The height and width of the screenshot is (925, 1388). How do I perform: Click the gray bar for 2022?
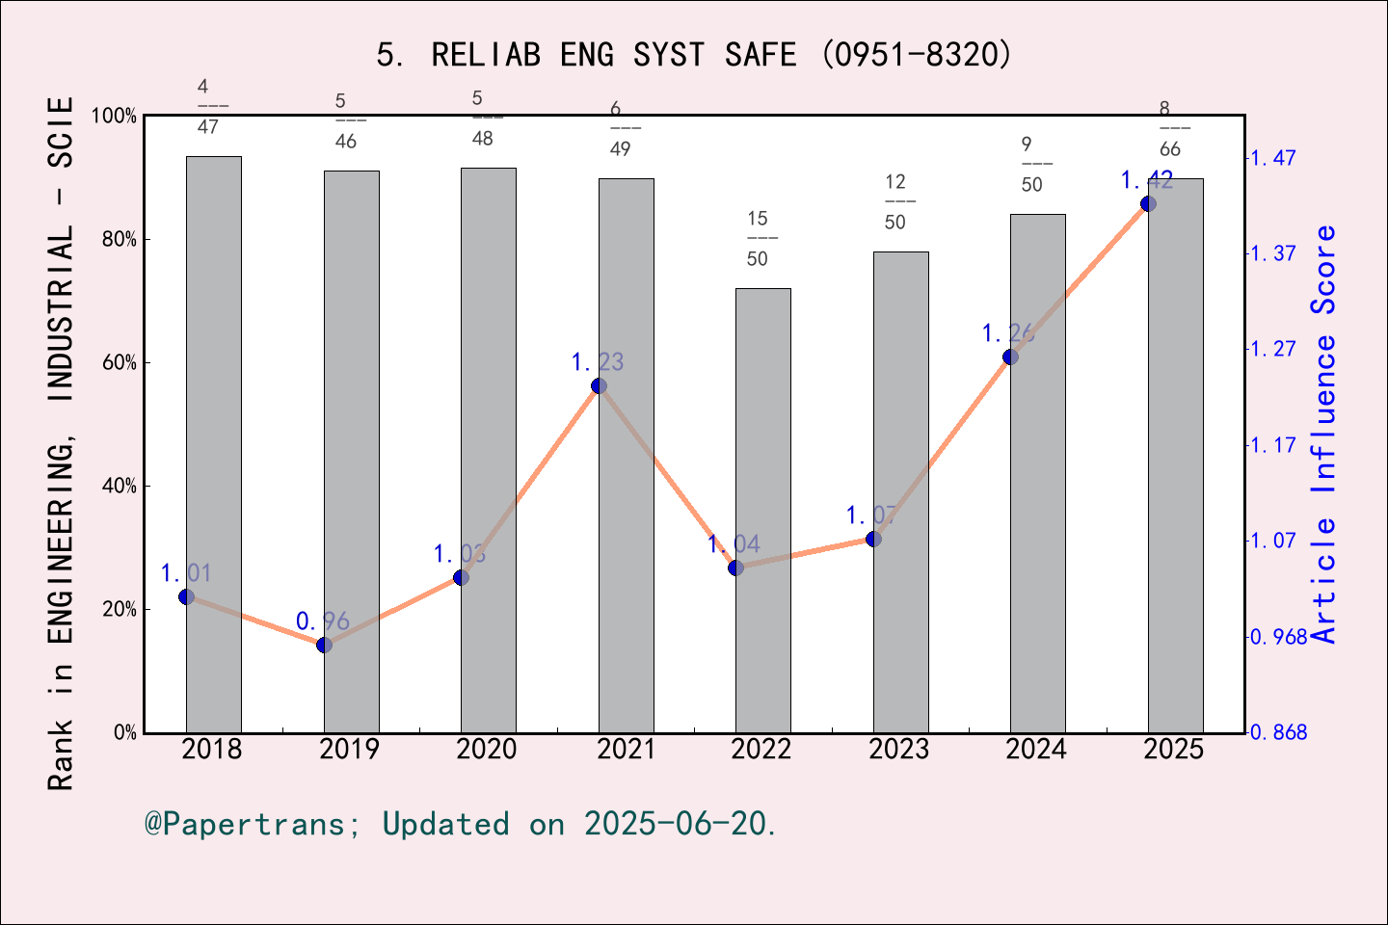[762, 511]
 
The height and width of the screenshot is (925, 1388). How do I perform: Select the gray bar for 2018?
[213, 443]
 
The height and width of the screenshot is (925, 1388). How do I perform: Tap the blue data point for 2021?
[599, 385]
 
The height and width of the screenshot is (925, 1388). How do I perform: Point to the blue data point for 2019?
[324, 645]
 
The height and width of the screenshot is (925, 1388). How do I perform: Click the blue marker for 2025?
[1148, 203]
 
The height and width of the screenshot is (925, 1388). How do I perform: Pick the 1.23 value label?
[598, 362]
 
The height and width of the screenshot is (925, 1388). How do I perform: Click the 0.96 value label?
[322, 621]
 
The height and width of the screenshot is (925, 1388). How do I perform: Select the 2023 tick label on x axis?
[898, 749]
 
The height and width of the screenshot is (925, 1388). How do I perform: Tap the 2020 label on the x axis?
[487, 749]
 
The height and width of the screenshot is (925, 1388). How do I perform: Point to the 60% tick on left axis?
[120, 363]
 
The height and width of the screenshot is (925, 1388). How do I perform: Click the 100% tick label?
[115, 117]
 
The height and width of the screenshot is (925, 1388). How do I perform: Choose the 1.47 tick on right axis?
[1272, 158]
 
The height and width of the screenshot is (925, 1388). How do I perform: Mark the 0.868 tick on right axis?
[1278, 732]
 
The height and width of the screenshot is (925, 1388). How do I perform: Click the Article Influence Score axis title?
[1323, 434]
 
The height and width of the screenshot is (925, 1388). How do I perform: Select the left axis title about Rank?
[61, 443]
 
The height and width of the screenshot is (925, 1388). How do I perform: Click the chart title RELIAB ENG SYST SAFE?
[694, 55]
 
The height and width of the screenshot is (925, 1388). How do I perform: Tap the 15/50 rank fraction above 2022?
[758, 238]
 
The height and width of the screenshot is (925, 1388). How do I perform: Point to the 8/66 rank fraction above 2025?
[1169, 128]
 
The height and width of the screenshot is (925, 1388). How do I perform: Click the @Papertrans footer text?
[461, 824]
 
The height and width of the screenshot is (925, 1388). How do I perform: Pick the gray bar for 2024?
[1037, 472]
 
